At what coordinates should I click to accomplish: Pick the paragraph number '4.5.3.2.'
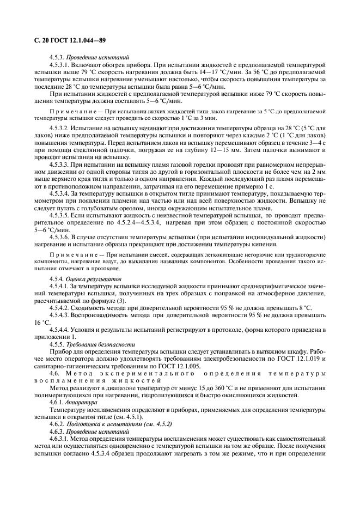click(61, 127)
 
